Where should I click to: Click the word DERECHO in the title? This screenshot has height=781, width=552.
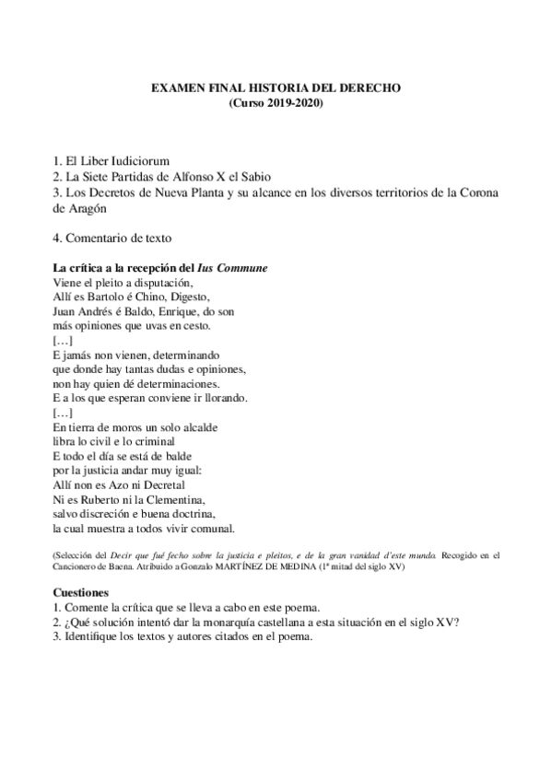368,87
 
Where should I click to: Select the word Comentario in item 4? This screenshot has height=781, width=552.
103,238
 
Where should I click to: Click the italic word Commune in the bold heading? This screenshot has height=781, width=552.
244,268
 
